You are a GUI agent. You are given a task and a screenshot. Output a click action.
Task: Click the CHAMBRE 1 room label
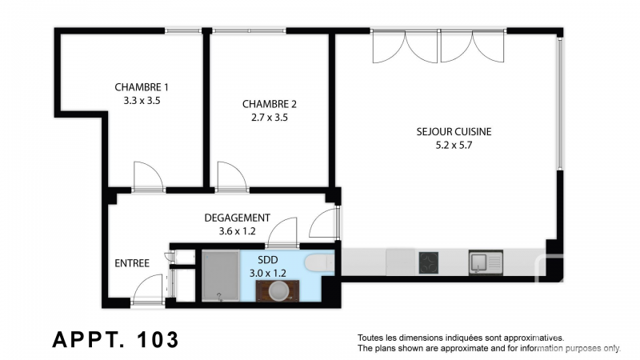click(142, 87)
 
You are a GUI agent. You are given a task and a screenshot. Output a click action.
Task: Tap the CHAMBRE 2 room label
click(270, 104)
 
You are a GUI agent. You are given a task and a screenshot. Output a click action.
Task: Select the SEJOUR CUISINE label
click(454, 131)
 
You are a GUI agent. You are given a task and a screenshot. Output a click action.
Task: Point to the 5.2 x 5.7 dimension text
click(454, 145)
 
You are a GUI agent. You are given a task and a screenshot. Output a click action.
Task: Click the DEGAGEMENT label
click(237, 218)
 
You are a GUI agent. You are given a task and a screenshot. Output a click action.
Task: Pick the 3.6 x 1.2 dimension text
click(237, 231)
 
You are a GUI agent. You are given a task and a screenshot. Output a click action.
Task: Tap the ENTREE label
click(132, 263)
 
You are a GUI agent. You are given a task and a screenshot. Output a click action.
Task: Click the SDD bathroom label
click(268, 259)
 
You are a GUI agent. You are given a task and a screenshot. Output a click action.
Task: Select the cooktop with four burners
click(429, 262)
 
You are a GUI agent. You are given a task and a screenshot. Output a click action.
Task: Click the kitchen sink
click(486, 262)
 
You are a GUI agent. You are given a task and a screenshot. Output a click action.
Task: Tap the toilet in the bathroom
click(319, 262)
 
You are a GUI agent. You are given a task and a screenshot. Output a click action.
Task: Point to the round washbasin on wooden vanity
click(278, 290)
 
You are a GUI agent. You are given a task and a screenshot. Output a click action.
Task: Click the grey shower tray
click(221, 276)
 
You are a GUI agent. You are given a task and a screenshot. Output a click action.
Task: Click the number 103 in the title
click(158, 339)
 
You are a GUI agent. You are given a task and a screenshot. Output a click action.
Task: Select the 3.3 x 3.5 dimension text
click(142, 101)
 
